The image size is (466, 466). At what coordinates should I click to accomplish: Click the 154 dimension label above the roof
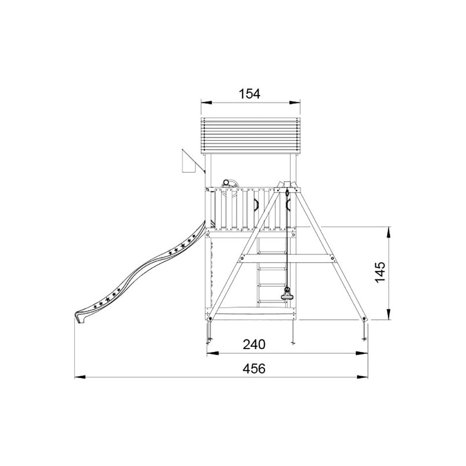250,94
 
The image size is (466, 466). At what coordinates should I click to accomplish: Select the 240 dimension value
254,344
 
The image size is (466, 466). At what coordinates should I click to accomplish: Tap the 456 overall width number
254,369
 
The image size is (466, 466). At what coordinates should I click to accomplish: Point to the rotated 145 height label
380,272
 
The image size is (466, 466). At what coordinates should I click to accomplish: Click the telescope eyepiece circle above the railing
226,183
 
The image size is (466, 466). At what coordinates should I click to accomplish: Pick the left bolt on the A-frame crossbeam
241,259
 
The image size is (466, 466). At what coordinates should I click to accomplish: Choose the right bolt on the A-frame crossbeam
333,259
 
